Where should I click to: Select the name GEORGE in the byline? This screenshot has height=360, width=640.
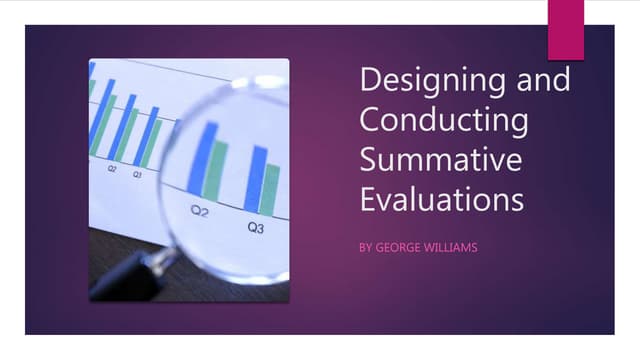(x=402, y=246)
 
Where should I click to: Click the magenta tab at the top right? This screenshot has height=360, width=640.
(x=566, y=29)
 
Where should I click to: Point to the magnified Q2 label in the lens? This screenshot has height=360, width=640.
(x=200, y=211)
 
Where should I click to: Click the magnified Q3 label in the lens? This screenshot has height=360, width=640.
(x=256, y=228)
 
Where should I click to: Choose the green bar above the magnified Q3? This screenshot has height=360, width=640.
(x=270, y=189)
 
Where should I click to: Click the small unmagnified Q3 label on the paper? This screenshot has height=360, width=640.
(x=137, y=174)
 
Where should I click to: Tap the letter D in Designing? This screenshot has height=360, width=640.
(x=369, y=81)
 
